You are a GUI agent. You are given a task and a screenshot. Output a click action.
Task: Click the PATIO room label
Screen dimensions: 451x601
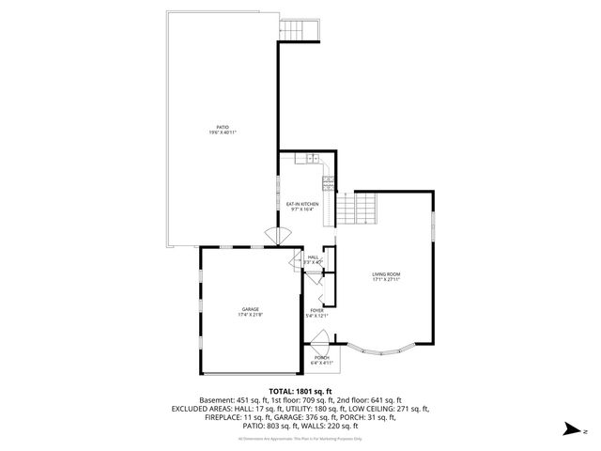223,127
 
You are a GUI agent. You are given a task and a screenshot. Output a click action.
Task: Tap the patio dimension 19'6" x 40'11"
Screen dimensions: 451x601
223,132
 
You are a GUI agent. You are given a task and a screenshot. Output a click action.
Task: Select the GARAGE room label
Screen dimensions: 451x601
250,309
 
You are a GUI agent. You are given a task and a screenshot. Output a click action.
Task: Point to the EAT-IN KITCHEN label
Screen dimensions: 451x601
302,204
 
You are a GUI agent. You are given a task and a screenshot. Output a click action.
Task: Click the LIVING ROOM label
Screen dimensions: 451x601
386,273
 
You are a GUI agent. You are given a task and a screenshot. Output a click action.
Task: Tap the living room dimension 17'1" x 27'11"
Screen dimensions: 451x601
386,279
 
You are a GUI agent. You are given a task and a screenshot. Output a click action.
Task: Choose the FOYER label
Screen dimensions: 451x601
316,310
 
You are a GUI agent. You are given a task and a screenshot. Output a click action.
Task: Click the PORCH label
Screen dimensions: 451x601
322,357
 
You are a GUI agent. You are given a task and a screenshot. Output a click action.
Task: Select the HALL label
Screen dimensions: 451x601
313,257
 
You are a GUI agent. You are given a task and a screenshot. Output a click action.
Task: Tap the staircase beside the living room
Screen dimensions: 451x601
357,209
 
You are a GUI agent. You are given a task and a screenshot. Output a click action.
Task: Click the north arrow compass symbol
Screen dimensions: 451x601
569,429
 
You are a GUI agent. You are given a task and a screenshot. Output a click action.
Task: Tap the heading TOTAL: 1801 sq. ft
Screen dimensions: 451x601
300,391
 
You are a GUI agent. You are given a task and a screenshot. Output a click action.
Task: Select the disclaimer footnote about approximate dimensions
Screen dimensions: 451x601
300,439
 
